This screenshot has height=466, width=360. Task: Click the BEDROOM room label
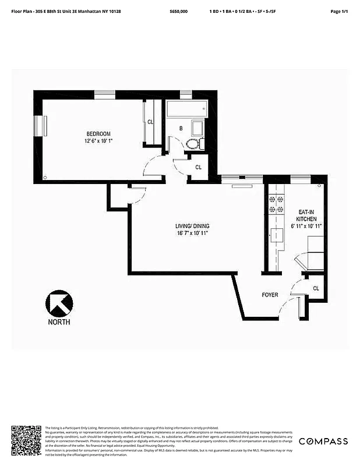click(98, 133)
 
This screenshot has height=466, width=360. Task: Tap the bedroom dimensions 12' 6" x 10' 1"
click(98, 140)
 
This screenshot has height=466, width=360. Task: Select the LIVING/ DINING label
click(192, 226)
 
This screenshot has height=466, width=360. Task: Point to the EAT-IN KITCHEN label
click(306, 216)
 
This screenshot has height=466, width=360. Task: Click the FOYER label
click(270, 295)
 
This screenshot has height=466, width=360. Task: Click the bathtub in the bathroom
click(187, 108)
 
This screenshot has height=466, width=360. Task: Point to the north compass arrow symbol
click(59, 303)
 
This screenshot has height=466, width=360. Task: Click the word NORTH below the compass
click(59, 322)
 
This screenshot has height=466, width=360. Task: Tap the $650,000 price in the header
click(178, 11)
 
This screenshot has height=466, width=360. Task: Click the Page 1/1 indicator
click(338, 11)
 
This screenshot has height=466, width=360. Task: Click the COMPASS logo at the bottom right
click(323, 441)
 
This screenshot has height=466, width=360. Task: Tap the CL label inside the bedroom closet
click(150, 122)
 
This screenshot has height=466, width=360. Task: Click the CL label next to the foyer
click(316, 288)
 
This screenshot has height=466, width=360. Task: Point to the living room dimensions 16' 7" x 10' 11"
click(192, 233)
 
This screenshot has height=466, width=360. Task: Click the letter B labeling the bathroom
click(181, 128)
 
